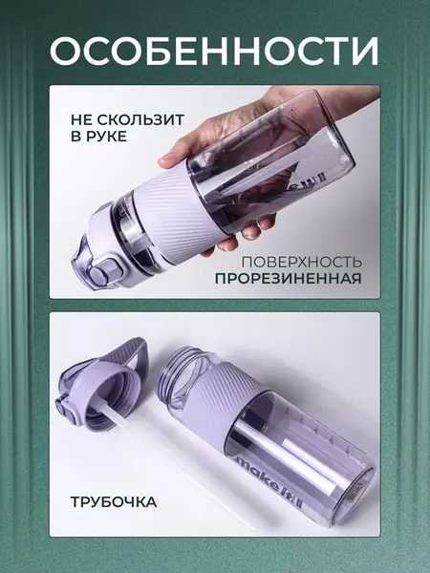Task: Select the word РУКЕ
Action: pos(107,137)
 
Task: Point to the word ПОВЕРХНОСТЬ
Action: pos(301,262)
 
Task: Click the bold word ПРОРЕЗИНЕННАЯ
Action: pos(288,279)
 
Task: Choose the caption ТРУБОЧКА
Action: pos(114,502)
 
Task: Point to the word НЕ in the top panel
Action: pos(79,120)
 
